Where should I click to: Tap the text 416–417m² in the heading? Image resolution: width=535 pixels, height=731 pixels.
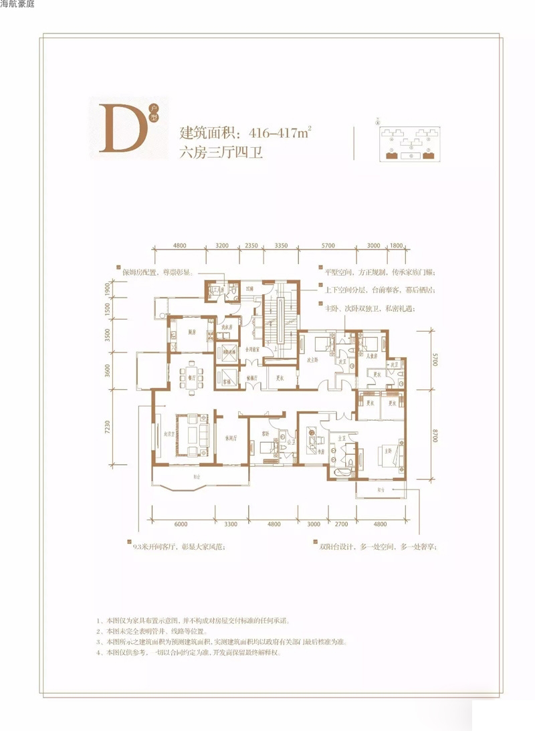pyautogui.click(x=282, y=132)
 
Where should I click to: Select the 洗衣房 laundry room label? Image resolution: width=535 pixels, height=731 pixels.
pyautogui.click(x=229, y=326)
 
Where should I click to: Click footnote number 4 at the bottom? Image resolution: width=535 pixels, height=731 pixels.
pyautogui.click(x=99, y=653)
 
